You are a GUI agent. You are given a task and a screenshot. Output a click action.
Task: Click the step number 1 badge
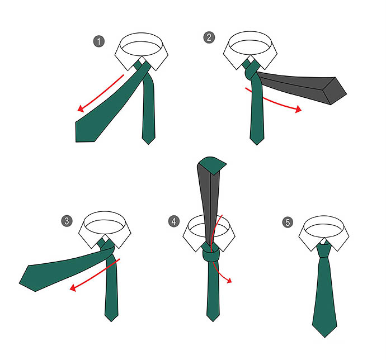(99, 41)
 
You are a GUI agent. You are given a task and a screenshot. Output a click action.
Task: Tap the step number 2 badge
(209, 37)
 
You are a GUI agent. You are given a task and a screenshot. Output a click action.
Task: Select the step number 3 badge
(67, 221)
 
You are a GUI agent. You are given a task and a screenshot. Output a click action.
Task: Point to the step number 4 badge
(174, 221)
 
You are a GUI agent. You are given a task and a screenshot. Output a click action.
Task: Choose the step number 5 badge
(288, 222)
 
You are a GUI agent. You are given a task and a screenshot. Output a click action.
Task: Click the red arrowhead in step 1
(81, 108)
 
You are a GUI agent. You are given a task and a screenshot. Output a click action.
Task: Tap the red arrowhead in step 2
(298, 109)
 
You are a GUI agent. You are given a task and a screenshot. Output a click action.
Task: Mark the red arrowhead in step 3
(73, 287)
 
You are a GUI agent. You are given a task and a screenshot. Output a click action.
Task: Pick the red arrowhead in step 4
(229, 280)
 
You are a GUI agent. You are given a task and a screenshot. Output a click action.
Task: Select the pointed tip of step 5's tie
(324, 337)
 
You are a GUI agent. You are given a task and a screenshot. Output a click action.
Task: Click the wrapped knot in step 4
(211, 253)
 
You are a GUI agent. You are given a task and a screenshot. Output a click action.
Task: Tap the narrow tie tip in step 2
(257, 144)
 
